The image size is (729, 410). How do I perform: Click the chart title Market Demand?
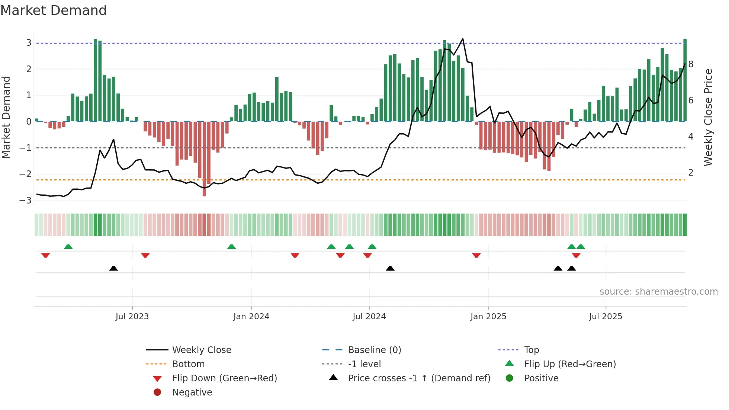click(x=54, y=10)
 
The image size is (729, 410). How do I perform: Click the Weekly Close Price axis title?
click(x=708, y=117)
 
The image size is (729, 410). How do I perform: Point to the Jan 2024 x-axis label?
click(x=251, y=317)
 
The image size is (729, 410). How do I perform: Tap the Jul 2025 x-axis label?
click(x=606, y=317)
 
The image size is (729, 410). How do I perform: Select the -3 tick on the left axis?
click(x=26, y=201)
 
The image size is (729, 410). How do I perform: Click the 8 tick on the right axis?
click(x=691, y=64)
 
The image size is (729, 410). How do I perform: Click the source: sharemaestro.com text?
click(x=658, y=292)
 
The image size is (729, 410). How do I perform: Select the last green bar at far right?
click(x=685, y=80)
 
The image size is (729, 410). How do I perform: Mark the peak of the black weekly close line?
click(x=463, y=39)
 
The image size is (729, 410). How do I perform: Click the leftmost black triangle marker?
click(x=113, y=268)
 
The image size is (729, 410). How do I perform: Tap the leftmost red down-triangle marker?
click(x=45, y=256)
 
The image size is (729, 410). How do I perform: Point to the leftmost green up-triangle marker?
click(x=68, y=247)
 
